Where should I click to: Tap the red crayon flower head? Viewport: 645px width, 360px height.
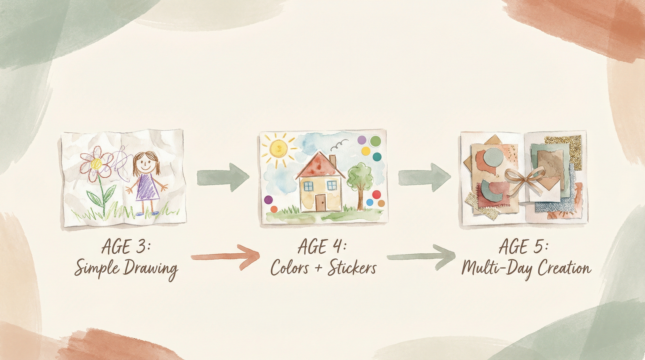click(97, 163)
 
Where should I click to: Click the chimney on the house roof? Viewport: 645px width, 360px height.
click(333, 160)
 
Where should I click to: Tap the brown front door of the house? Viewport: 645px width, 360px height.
click(320, 202)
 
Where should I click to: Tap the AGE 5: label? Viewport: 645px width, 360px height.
click(523, 247)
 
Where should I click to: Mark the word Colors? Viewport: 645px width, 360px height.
click(290, 268)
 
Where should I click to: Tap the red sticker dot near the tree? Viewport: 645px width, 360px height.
click(376, 194)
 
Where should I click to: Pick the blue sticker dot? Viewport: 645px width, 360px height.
click(370, 202)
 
